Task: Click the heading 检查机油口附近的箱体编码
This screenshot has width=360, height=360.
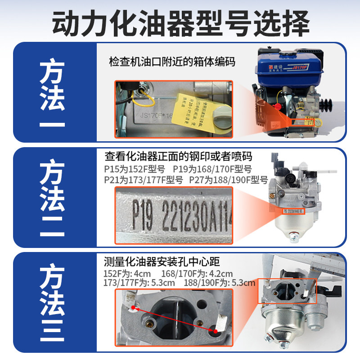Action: pos(172,61)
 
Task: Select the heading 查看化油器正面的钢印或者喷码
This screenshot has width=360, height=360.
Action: pos(178,156)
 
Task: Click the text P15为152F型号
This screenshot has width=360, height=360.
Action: pos(135,170)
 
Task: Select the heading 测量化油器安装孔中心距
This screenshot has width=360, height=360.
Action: pos(162,261)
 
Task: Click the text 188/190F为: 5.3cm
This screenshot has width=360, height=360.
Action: pos(220,283)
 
